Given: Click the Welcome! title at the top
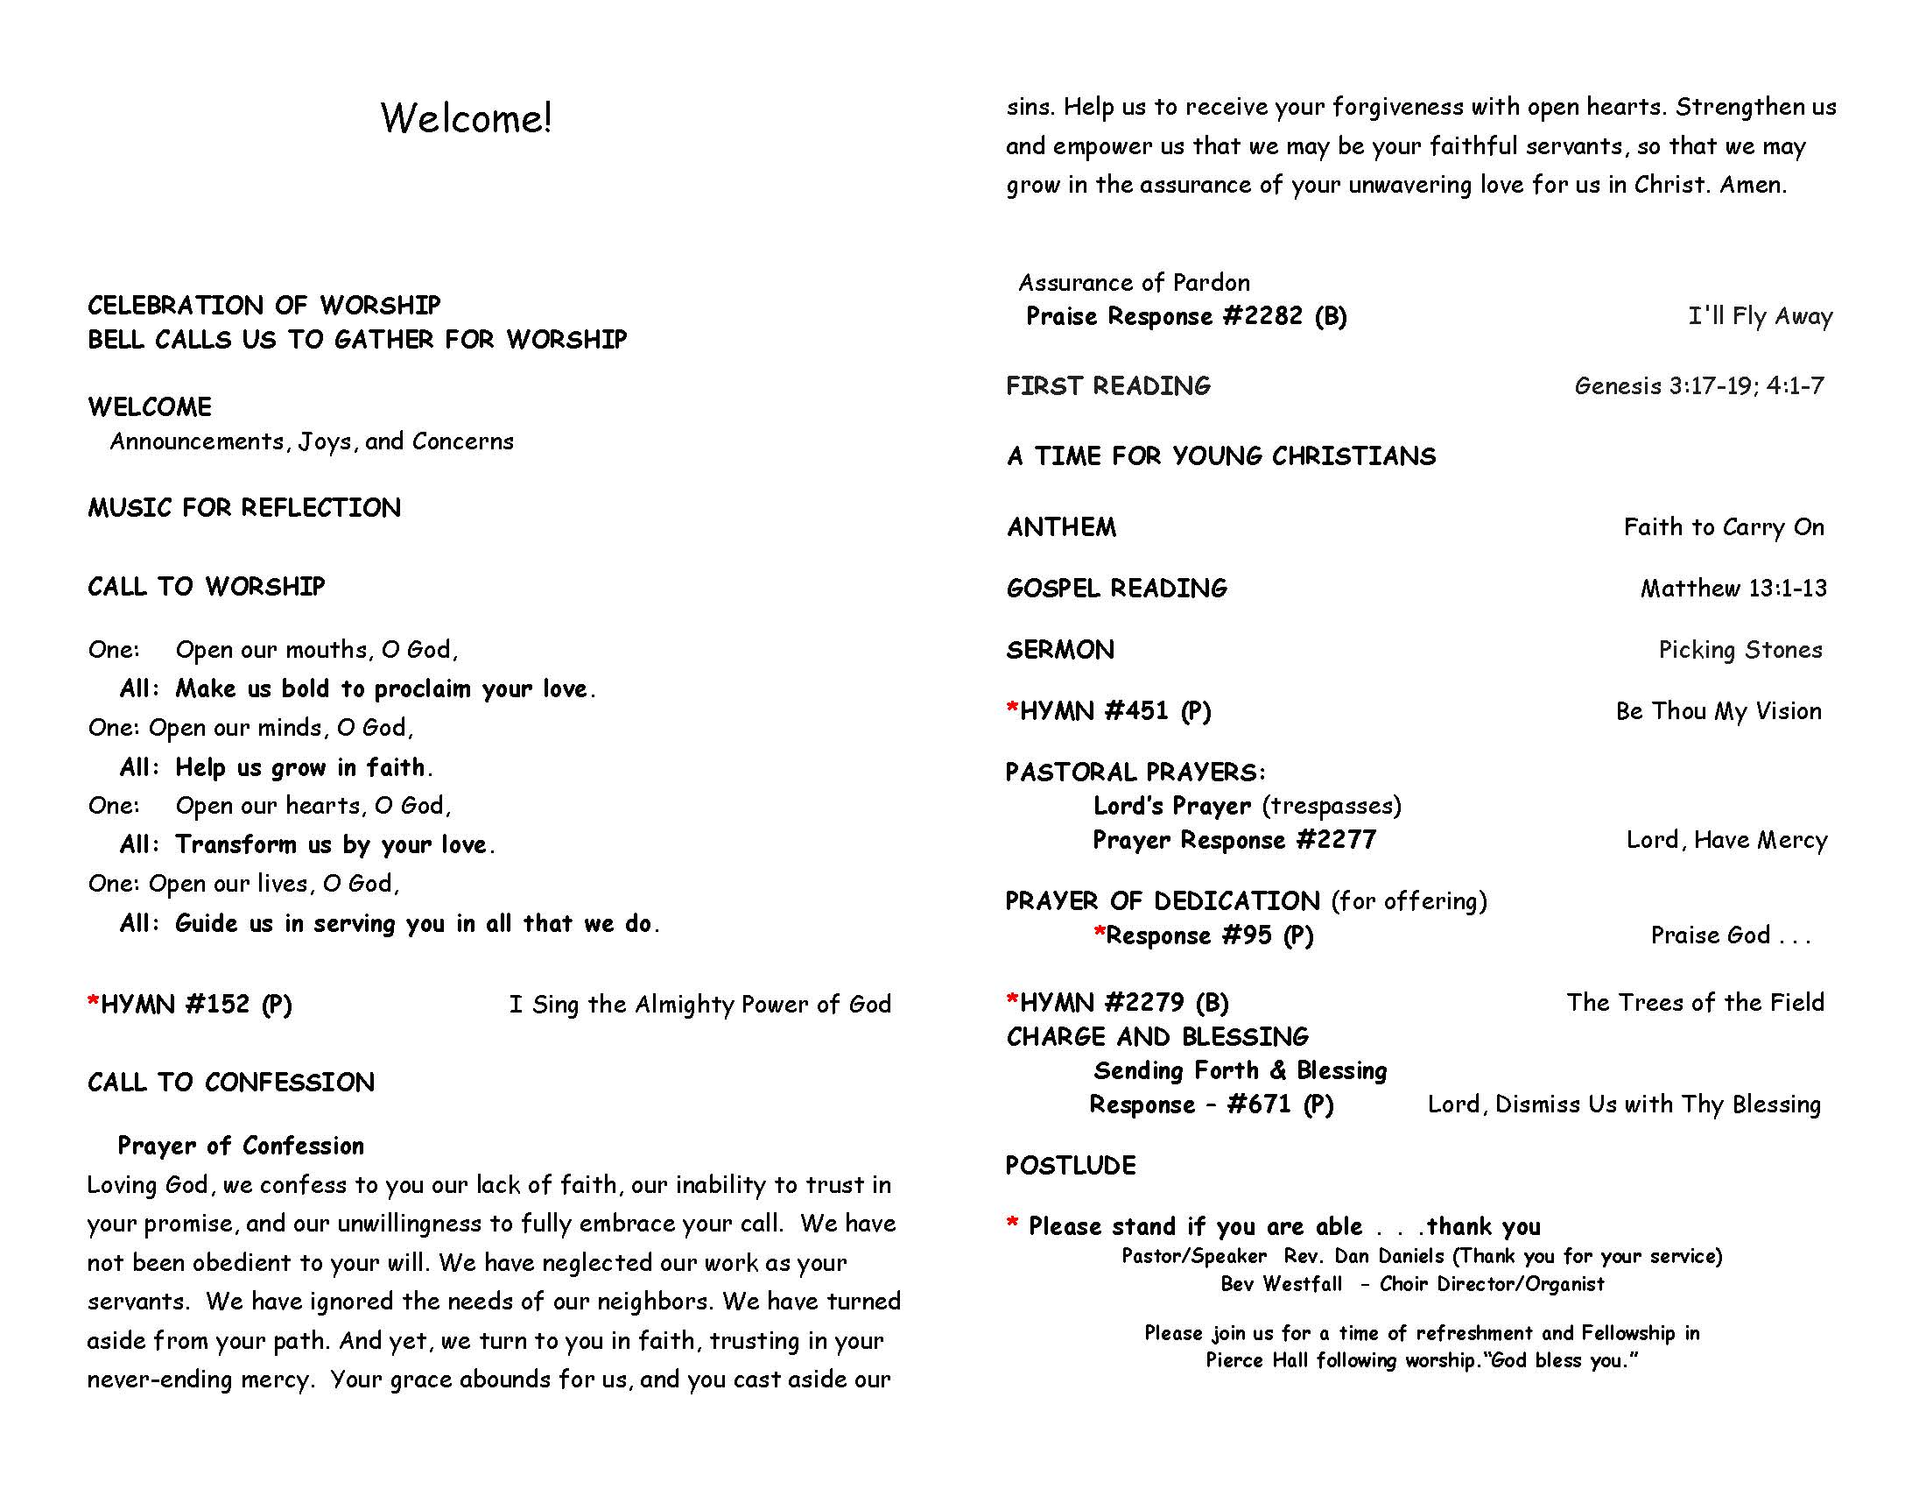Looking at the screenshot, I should click(x=466, y=118).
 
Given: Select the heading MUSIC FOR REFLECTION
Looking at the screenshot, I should click(x=244, y=508).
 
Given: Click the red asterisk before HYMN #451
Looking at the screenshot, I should click(x=1012, y=709).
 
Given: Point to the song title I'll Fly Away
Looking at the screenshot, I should click(x=1761, y=317).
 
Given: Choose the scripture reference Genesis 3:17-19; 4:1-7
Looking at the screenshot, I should click(x=1698, y=386).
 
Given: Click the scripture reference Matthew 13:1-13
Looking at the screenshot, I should click(x=1733, y=589).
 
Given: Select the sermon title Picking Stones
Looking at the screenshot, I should click(x=1740, y=650).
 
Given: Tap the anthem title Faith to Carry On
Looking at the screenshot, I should click(x=1723, y=527).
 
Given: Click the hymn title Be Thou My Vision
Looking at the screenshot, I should click(x=1718, y=712).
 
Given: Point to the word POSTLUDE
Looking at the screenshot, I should click(x=1071, y=1166).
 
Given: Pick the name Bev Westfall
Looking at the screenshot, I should click(x=1281, y=1284).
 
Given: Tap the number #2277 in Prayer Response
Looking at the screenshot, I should click(x=1335, y=840).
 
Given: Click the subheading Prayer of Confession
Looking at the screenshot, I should click(x=241, y=1146).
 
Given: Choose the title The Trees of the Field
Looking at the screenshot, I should click(x=1694, y=1003).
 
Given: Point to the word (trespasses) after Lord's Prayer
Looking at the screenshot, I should click(x=1332, y=806).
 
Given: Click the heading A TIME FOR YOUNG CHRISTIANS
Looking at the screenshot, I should click(x=1220, y=456).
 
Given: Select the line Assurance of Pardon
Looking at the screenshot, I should click(x=1134, y=283).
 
